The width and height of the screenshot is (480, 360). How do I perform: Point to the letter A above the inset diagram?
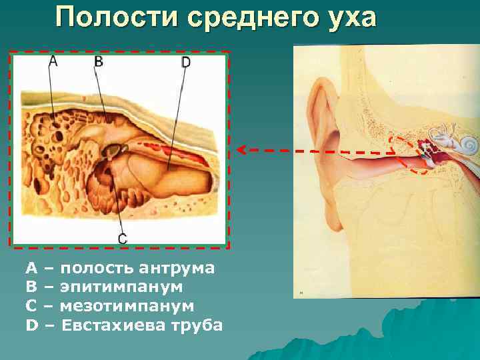point(53,61)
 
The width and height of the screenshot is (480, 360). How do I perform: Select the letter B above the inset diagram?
point(98,61)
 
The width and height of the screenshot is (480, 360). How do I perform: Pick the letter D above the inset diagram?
point(185,62)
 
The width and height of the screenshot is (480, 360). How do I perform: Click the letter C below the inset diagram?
point(122,238)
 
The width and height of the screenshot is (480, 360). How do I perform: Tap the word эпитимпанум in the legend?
point(121,287)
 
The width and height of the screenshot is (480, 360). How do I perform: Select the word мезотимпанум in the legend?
point(127,307)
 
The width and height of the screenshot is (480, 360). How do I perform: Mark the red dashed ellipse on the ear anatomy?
point(409,155)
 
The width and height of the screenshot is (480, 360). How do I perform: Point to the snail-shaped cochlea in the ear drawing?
point(468,143)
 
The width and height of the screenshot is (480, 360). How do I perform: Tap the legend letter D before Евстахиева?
point(31,326)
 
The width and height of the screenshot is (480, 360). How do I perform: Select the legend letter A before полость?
point(31,269)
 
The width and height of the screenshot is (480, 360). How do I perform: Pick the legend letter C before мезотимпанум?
point(31,307)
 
